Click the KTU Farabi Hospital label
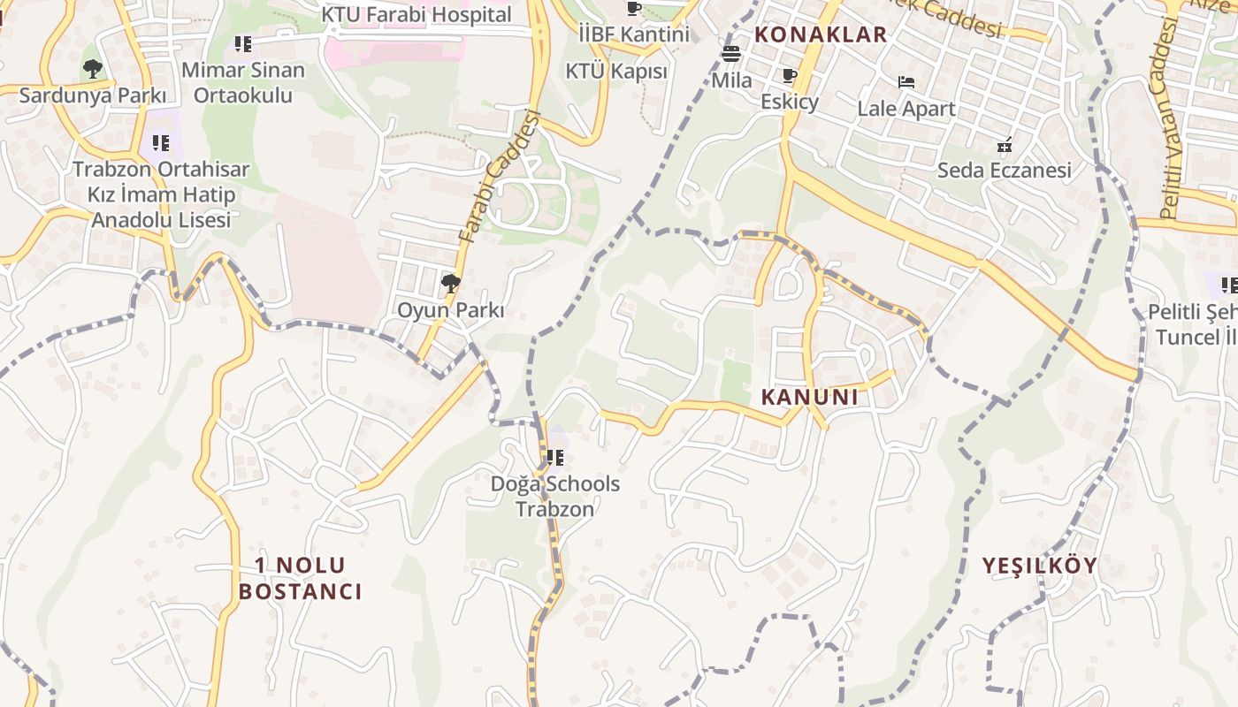tap(416, 15)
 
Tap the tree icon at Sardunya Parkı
tap(92, 68)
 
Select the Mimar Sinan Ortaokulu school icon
tap(243, 43)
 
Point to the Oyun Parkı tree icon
tap(450, 284)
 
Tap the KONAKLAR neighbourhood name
tap(820, 35)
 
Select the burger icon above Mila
tap(730, 53)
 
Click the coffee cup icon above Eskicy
tap(790, 75)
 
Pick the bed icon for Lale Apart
tap(906, 82)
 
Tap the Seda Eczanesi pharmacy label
tap(1004, 171)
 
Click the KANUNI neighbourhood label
tap(809, 398)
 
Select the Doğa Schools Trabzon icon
tap(554, 458)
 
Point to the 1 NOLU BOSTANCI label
tap(301, 579)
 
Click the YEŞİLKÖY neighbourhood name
tap(1039, 566)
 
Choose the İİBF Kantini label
tap(633, 34)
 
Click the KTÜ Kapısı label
tap(616, 71)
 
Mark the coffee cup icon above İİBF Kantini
tap(633, 9)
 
